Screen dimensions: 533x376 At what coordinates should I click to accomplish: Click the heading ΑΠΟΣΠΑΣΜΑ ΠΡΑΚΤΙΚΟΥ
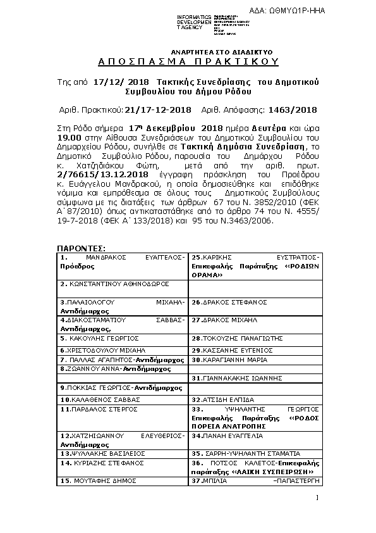(188, 62)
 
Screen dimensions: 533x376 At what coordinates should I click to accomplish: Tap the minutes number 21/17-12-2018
(158, 110)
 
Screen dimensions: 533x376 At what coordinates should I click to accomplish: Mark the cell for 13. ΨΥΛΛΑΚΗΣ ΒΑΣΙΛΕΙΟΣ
(103, 454)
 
